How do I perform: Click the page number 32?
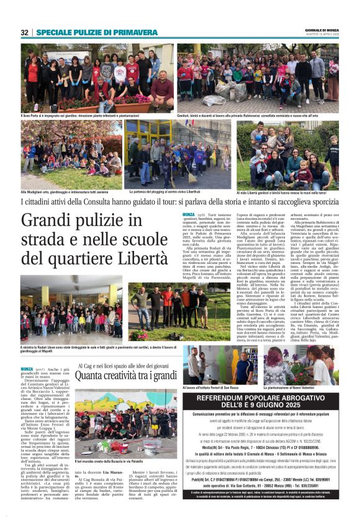pyautogui.click(x=25, y=32)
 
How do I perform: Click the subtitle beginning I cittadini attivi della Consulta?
pyautogui.click(x=179, y=202)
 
